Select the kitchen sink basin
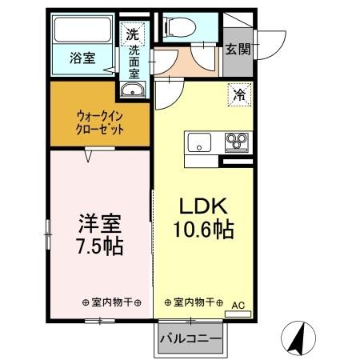(x=199, y=144)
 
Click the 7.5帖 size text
(x=99, y=246)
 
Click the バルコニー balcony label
(x=189, y=339)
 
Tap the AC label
(x=238, y=306)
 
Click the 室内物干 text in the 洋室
(x=111, y=302)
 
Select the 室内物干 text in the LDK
(x=193, y=302)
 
